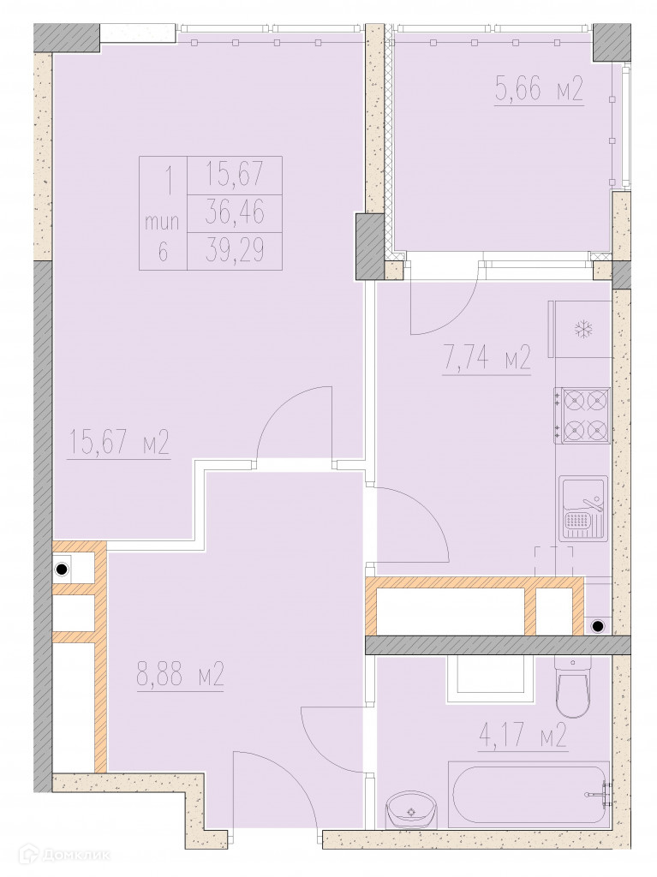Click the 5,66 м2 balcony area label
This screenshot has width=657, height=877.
tap(539, 89)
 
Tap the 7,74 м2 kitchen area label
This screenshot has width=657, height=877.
tap(487, 361)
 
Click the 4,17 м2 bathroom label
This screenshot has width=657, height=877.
tap(523, 736)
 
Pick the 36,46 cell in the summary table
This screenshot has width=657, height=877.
tap(235, 213)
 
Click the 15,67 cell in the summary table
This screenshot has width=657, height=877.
tap(235, 175)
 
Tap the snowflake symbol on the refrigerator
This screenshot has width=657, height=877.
tap(583, 330)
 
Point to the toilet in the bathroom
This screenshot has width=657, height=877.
tap(572, 687)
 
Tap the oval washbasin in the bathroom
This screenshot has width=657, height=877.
tap(410, 810)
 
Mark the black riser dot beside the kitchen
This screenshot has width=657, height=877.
tap(598, 626)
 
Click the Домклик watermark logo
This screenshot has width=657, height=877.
tap(56, 855)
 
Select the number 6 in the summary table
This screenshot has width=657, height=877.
tap(163, 253)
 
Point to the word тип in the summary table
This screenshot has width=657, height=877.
tap(162, 223)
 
